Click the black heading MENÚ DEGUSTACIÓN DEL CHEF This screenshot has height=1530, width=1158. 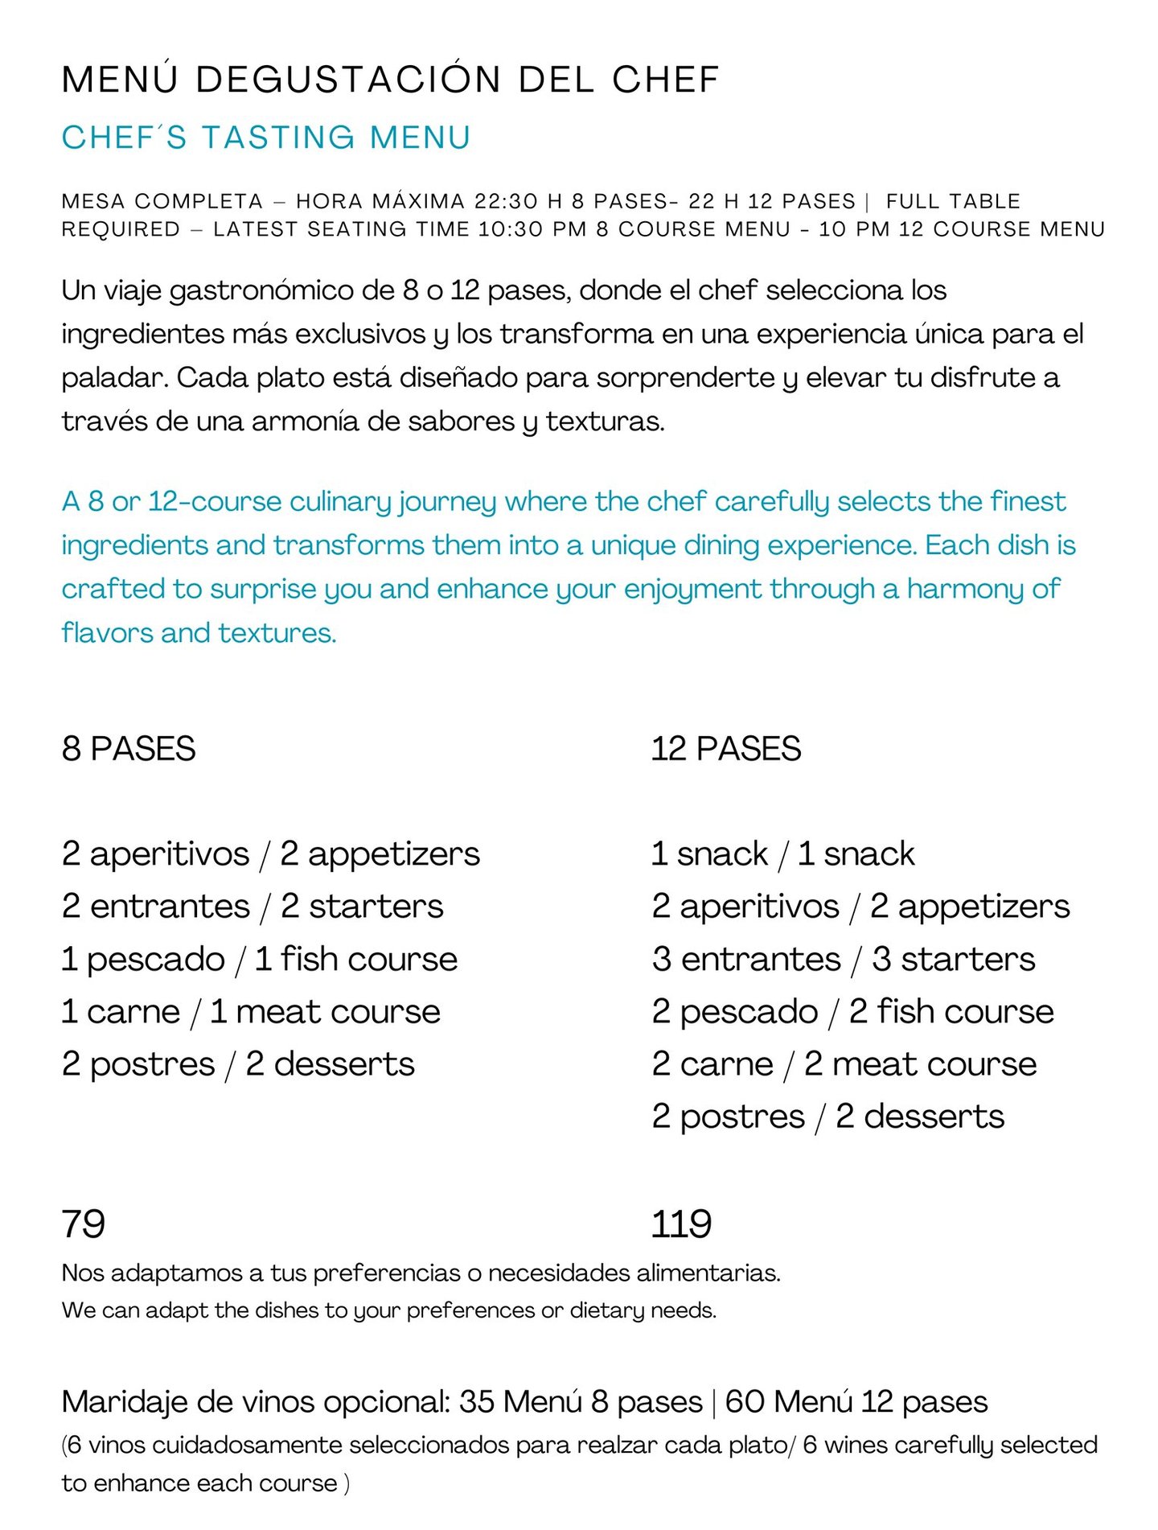(x=390, y=80)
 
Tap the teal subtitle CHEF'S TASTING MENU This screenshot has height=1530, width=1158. (x=266, y=138)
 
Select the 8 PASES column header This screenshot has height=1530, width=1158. (x=129, y=749)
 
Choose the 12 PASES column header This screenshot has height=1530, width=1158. (x=726, y=749)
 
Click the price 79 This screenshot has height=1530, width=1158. (x=84, y=1224)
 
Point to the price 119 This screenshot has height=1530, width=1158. (x=681, y=1224)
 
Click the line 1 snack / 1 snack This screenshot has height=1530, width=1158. (x=782, y=853)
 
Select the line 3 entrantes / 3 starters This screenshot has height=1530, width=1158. (x=844, y=959)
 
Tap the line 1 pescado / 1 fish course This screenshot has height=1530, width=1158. (x=259, y=959)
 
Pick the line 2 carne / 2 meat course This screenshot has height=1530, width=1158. (x=844, y=1063)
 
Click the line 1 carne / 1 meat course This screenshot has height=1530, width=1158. (x=251, y=1011)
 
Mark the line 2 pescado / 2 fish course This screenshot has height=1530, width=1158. (x=852, y=1011)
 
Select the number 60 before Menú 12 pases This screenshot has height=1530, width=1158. (x=745, y=1402)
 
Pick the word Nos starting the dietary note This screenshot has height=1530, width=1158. (x=82, y=1273)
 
